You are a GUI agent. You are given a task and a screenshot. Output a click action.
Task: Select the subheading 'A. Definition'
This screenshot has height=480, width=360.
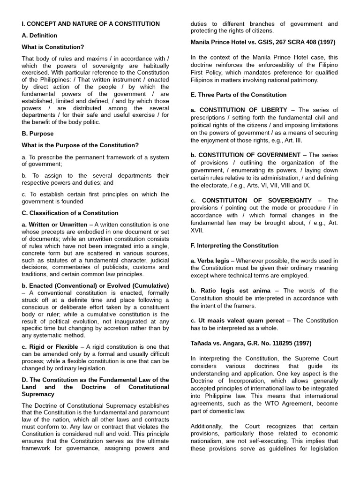point(39,35)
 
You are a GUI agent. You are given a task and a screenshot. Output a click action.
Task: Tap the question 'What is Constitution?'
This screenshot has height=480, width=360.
point(53,47)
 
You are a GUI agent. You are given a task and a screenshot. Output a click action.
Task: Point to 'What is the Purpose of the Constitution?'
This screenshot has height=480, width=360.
point(80,145)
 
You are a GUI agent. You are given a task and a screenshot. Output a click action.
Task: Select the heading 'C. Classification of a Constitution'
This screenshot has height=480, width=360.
point(70,213)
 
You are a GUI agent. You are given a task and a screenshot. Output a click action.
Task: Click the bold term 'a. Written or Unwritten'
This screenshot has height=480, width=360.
point(54,225)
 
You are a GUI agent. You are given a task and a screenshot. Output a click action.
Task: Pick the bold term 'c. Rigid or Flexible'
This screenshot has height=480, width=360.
point(50,346)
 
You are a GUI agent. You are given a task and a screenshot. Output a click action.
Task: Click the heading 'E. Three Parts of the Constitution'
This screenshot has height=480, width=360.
point(238,95)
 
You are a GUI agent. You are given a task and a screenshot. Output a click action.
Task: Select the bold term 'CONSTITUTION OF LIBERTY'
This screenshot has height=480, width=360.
point(243,110)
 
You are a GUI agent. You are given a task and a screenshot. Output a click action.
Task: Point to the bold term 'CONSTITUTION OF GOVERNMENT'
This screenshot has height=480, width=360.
point(249,155)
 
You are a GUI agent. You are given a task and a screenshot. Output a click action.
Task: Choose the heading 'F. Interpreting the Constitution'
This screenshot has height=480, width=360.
point(234,246)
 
